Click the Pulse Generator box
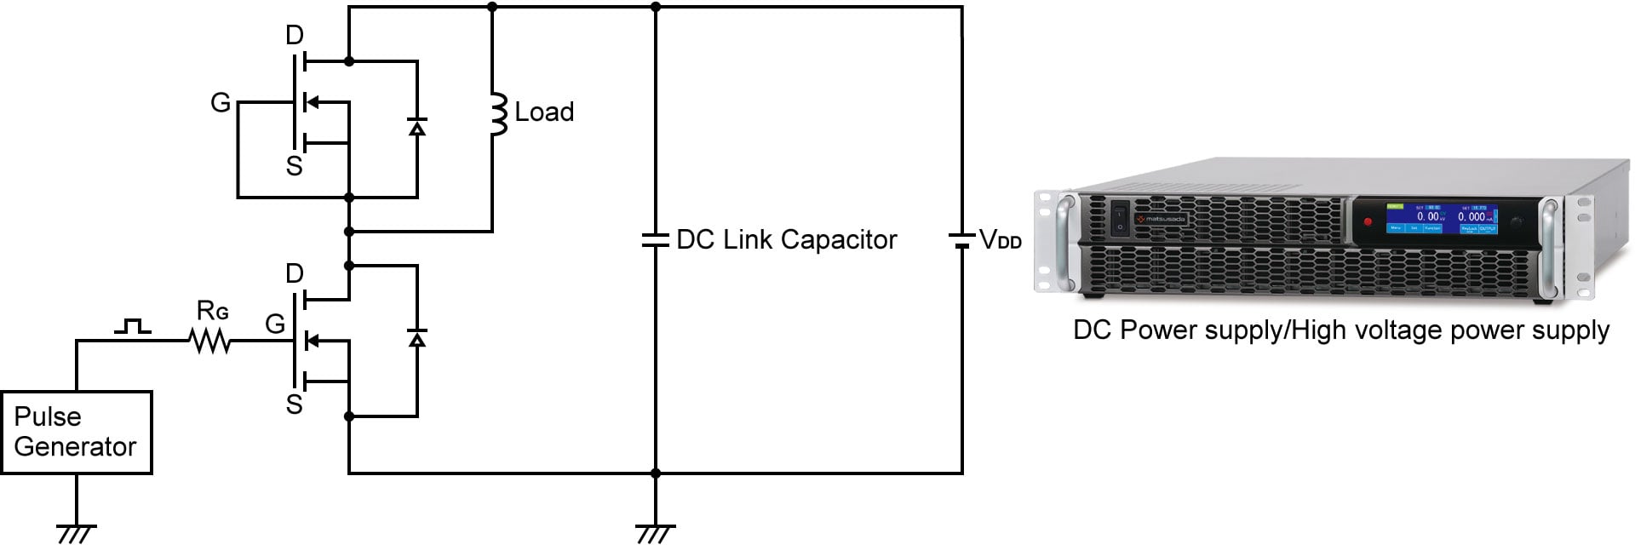click(x=76, y=432)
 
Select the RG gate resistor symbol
click(x=209, y=341)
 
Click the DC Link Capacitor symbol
click(x=655, y=240)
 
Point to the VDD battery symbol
click(x=961, y=240)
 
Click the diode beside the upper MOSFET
click(x=416, y=128)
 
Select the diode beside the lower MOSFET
click(x=416, y=339)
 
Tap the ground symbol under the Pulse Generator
click(x=76, y=532)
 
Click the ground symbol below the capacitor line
click(x=655, y=532)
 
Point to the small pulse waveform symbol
click(x=133, y=326)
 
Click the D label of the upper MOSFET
click(x=295, y=36)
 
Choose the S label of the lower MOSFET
click(x=295, y=404)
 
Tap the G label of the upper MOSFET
click(x=221, y=103)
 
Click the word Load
click(x=544, y=112)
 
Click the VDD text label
click(x=1001, y=240)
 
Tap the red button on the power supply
click(x=1368, y=222)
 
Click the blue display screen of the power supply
click(x=1442, y=219)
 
